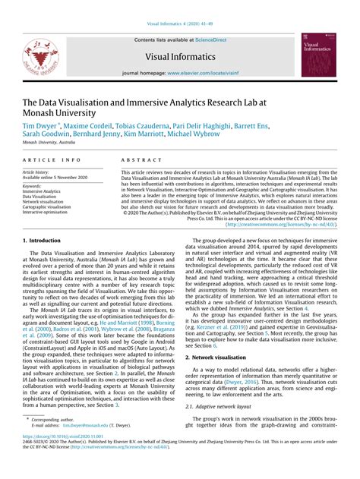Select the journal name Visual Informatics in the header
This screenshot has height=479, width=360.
[179, 55]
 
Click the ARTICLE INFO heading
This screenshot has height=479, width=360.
[52, 160]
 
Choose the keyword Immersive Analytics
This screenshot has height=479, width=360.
[42, 191]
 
